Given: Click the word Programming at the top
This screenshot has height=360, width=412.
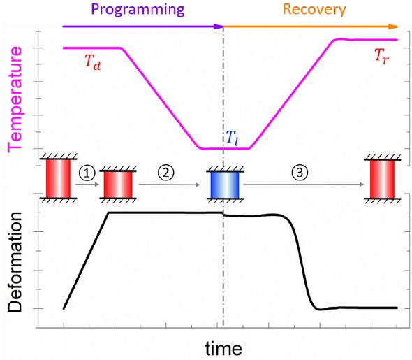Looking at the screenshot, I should [142, 9].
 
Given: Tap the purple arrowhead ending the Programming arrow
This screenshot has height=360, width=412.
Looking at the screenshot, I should [220, 27].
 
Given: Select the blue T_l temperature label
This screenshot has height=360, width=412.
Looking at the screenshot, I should [231, 137].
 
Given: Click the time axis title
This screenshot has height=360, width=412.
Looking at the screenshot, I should [224, 347].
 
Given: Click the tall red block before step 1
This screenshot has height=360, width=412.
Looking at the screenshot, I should [59, 178].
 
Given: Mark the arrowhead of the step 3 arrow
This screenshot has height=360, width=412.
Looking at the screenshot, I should [362, 185].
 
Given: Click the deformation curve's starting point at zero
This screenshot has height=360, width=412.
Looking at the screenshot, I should [64, 308].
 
